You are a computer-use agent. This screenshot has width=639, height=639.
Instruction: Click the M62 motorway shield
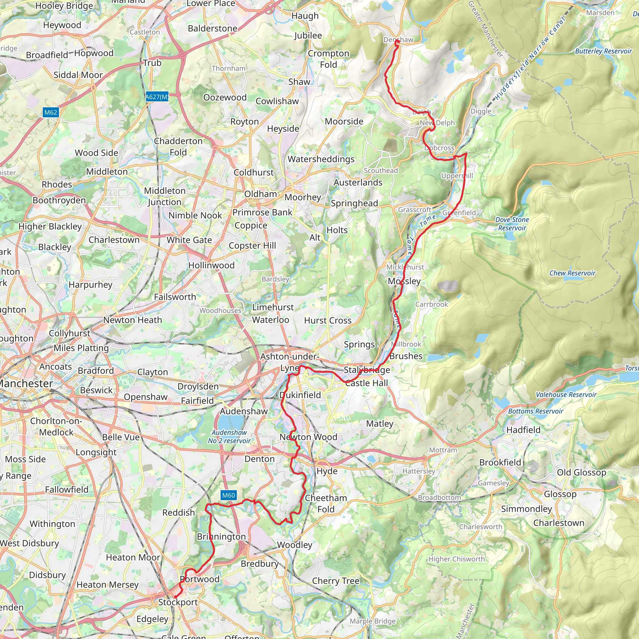pyautogui.click(x=51, y=112)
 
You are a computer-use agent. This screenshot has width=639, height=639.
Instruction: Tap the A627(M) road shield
pyautogui.click(x=157, y=97)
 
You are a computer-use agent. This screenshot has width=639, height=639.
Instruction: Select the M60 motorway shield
pyautogui.click(x=228, y=495)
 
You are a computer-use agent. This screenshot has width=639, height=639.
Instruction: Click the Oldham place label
pyautogui.click(x=261, y=194)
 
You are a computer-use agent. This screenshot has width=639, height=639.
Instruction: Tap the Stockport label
pyautogui.click(x=178, y=602)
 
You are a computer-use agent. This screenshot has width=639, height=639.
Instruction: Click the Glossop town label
pyautogui.click(x=560, y=494)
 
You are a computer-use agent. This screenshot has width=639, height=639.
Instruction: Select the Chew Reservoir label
pyautogui.click(x=572, y=273)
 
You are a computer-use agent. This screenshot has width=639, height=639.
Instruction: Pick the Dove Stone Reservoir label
pyautogui.click(x=512, y=224)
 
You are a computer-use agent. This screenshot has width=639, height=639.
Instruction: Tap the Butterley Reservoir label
pyautogui.click(x=603, y=51)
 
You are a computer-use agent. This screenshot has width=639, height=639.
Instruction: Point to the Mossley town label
pyautogui.click(x=404, y=281)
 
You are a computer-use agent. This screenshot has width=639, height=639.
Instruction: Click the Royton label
pyautogui.click(x=244, y=121)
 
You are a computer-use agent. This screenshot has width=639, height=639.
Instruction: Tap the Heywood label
pyautogui.click(x=62, y=25)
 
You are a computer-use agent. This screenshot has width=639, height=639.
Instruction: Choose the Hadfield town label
pyautogui.click(x=523, y=430)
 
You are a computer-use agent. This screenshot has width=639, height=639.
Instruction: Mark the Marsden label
pyautogui.click(x=600, y=12)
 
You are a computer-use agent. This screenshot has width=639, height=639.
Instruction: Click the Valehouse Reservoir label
pyautogui.click(x=566, y=394)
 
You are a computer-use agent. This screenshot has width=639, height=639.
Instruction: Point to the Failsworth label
pyautogui.click(x=175, y=297)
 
